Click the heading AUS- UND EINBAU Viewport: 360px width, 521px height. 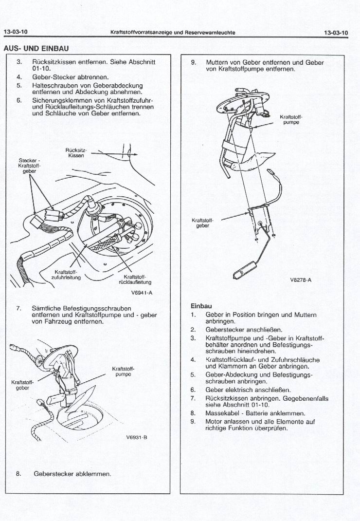point(36,49)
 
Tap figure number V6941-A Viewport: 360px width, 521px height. point(142,293)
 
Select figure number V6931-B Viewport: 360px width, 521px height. point(137,437)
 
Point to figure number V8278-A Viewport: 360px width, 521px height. point(300,280)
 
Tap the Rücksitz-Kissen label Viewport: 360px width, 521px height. point(76,152)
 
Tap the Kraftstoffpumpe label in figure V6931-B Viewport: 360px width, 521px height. point(123,371)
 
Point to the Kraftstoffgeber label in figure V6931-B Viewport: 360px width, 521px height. point(21,385)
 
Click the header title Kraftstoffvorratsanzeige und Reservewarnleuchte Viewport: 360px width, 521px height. point(173,32)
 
